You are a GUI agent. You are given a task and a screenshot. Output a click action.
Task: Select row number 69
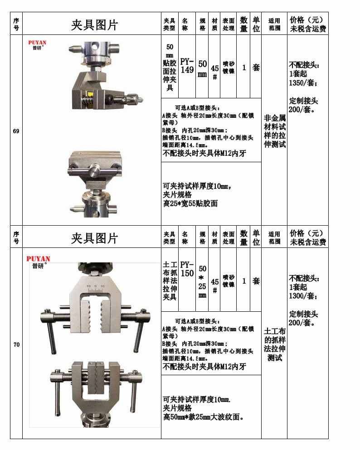[x=16, y=131]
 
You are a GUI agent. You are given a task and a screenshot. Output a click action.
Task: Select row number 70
[x=16, y=345]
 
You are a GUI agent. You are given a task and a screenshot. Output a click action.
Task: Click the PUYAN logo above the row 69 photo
[x=37, y=43]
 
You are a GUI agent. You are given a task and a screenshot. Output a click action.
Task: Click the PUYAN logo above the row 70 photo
[x=38, y=259]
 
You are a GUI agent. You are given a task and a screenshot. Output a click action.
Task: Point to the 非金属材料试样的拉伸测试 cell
[x=275, y=131]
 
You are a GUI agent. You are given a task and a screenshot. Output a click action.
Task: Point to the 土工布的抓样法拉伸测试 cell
[x=275, y=345]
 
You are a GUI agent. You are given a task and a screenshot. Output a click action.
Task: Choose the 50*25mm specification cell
[x=202, y=281]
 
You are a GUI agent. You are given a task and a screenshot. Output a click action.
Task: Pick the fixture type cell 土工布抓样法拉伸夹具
[x=170, y=281]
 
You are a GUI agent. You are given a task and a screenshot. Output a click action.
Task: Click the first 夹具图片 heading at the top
[x=94, y=25]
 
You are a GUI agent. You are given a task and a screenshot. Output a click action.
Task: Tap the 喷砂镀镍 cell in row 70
[x=229, y=281]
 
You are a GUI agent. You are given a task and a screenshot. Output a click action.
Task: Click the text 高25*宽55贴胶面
[x=190, y=203]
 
